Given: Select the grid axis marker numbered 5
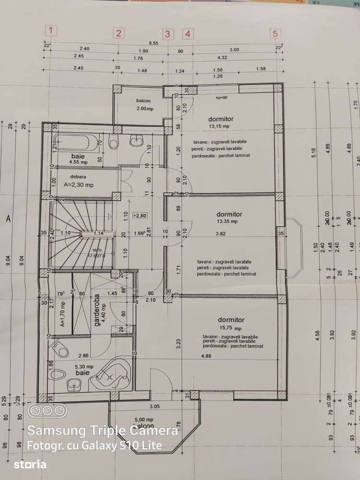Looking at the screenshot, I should (275, 34).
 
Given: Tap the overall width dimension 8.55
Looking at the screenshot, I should (154, 43).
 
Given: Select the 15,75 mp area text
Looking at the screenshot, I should (230, 328).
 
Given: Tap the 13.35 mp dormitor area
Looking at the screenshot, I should (229, 222).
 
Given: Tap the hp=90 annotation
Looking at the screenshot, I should (221, 97).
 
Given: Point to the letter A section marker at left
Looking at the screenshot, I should (8, 218).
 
